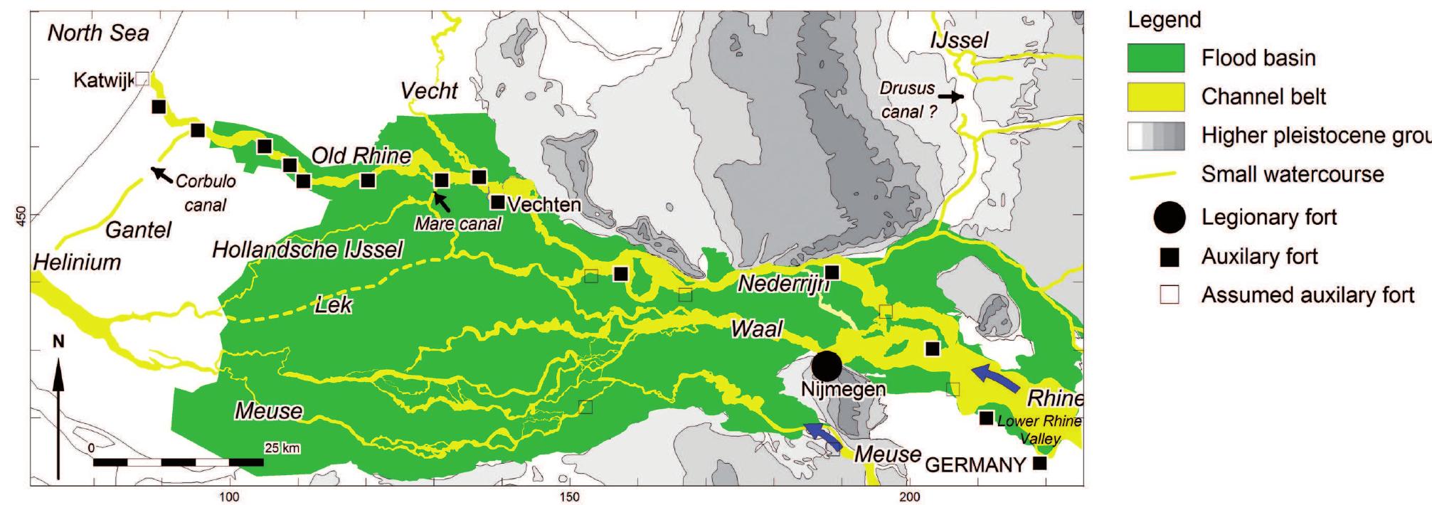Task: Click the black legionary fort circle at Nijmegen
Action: [x=827, y=366]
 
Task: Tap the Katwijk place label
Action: [x=103, y=81]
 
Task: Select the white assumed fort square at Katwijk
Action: [x=142, y=78]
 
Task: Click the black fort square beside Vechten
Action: [x=498, y=203]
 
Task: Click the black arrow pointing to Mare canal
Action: [x=442, y=202]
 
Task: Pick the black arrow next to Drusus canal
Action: [x=950, y=95]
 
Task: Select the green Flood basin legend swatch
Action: [x=1156, y=58]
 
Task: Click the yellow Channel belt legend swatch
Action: [x=1156, y=97]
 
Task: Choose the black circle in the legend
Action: [x=1169, y=218]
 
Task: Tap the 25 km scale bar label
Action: [x=282, y=448]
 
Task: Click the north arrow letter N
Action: [x=58, y=343]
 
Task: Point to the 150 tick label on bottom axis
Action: [x=570, y=496]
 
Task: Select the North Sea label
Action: [x=98, y=33]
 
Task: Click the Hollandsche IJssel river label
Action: [x=307, y=250]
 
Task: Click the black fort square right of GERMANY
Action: [x=1039, y=464]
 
